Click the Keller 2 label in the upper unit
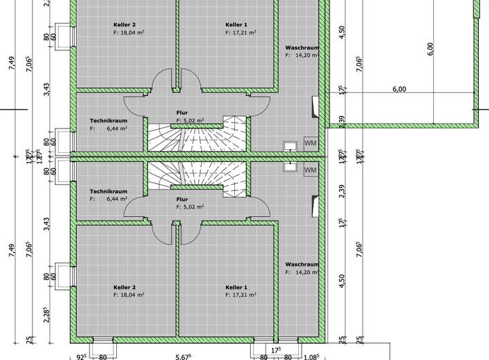(x=125, y=24)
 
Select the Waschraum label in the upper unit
(x=302, y=48)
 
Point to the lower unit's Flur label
(x=182, y=200)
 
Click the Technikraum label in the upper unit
(x=109, y=120)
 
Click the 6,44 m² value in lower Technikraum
(x=117, y=200)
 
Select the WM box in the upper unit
(x=310, y=143)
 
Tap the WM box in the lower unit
(x=310, y=170)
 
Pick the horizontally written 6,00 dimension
(x=399, y=89)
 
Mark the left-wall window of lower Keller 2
(x=66, y=276)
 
